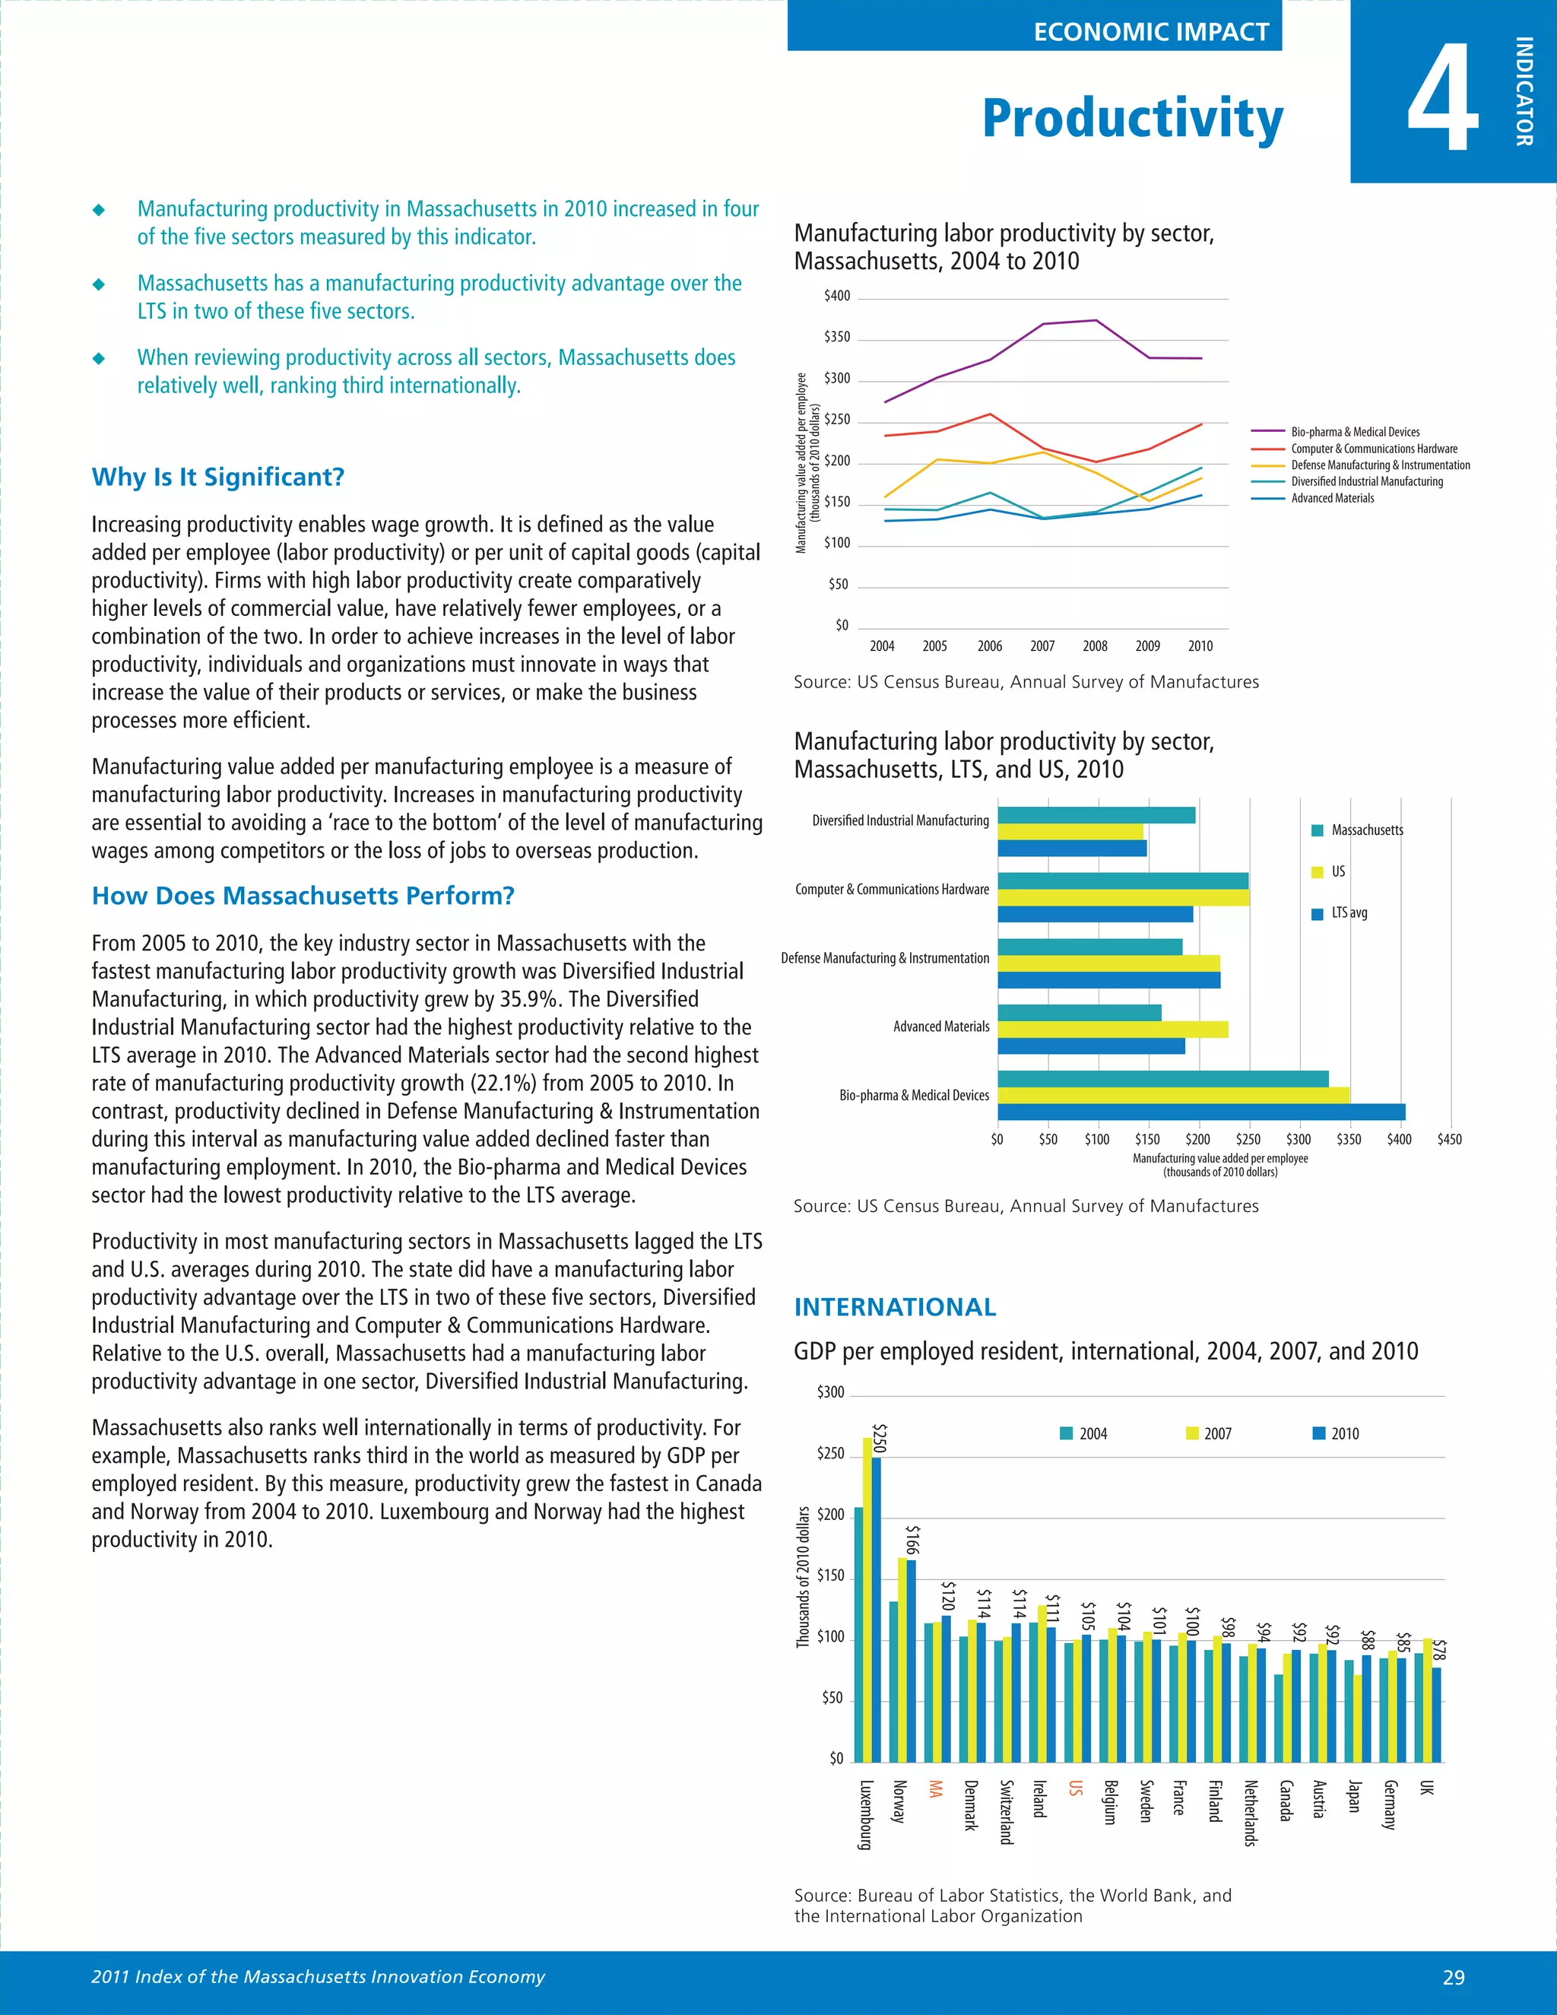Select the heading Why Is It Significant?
click(x=217, y=477)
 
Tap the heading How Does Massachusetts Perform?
click(x=303, y=896)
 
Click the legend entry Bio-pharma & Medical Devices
click(x=1354, y=432)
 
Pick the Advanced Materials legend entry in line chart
click(x=1332, y=498)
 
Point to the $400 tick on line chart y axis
click(x=836, y=296)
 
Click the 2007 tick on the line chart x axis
click(x=1042, y=646)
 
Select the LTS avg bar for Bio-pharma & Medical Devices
click(x=1201, y=1112)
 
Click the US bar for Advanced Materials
click(x=1112, y=1029)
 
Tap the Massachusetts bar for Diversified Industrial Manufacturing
click(x=1096, y=814)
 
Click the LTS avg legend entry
click(x=1349, y=912)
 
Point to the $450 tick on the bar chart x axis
click(x=1449, y=1140)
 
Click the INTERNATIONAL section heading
click(x=895, y=1307)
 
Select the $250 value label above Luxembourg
click(x=879, y=1437)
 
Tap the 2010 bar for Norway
click(x=912, y=1661)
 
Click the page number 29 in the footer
click(x=1453, y=1977)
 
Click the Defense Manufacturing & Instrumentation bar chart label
click(x=885, y=959)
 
